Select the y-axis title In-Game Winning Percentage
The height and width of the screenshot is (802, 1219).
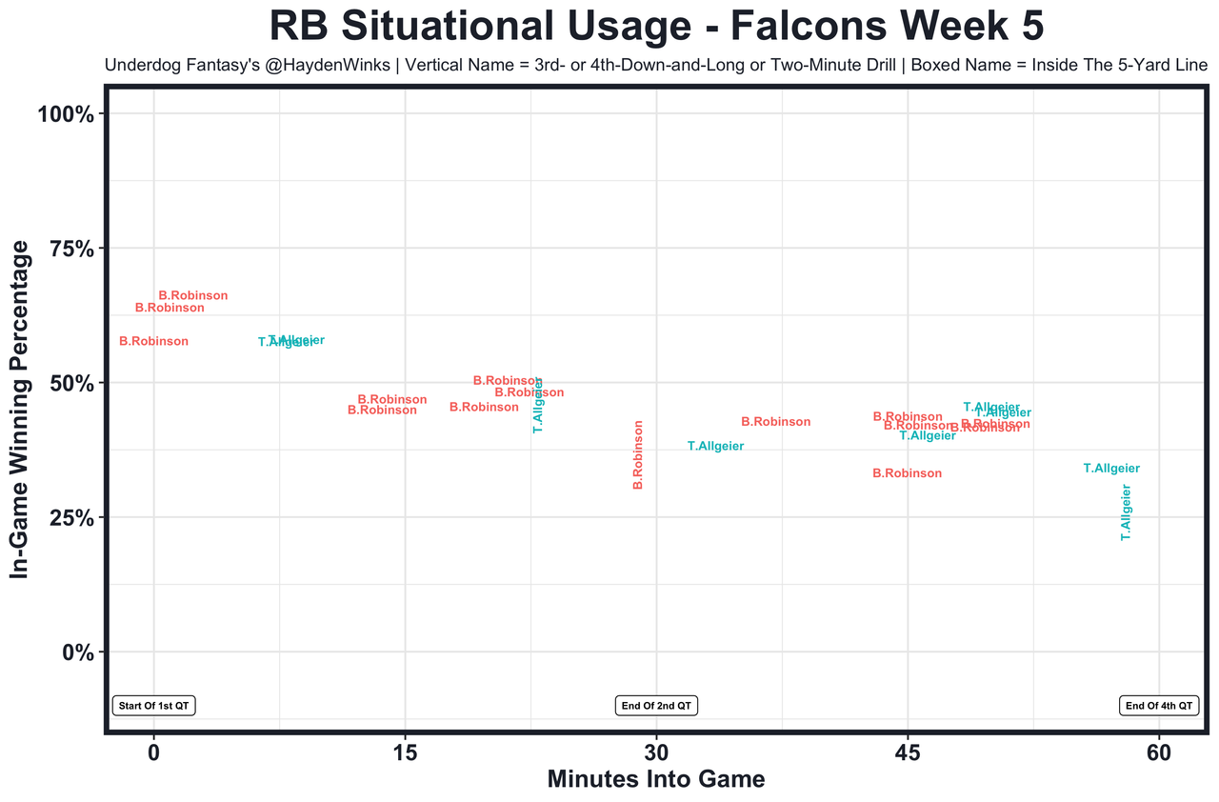pyautogui.click(x=19, y=409)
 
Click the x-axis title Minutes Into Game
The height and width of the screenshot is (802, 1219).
pyautogui.click(x=656, y=779)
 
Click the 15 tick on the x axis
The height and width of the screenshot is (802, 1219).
pyautogui.click(x=405, y=751)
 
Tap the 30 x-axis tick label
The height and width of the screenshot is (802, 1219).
pyautogui.click(x=656, y=751)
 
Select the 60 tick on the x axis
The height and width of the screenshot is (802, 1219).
pyautogui.click(x=1159, y=751)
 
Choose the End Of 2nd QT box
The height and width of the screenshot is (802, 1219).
pyautogui.click(x=656, y=706)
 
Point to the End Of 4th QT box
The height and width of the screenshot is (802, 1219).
pyautogui.click(x=1159, y=706)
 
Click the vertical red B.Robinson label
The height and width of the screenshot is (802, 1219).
pyautogui.click(x=639, y=455)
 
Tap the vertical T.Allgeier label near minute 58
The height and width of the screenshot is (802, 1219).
pyautogui.click(x=1126, y=512)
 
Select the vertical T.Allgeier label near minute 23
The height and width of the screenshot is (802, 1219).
pyautogui.click(x=538, y=406)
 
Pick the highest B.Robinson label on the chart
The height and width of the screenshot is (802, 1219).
pyautogui.click(x=193, y=296)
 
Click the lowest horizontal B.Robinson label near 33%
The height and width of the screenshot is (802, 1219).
pyautogui.click(x=908, y=473)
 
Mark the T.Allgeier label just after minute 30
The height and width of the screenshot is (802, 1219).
pyautogui.click(x=716, y=447)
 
